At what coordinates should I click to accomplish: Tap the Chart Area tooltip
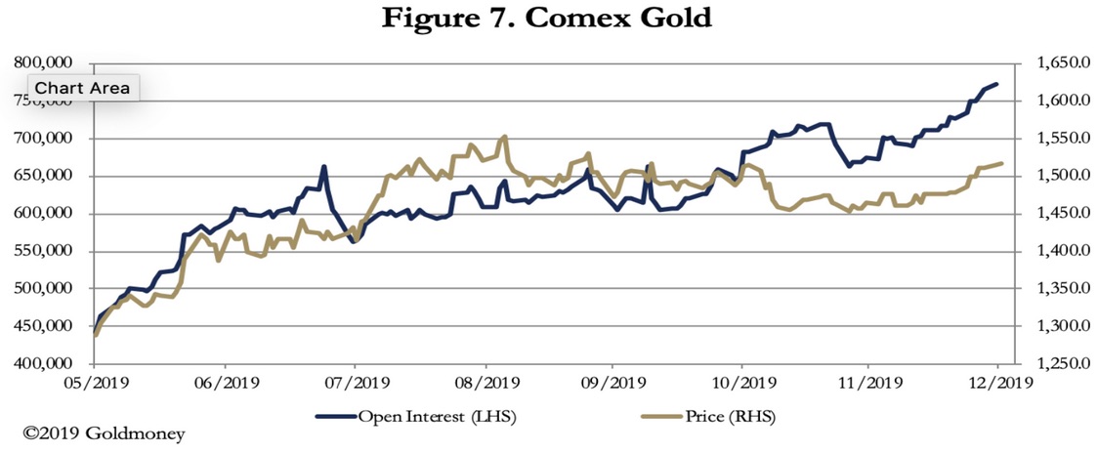(x=82, y=87)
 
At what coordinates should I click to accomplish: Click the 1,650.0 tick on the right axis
(x=1054, y=63)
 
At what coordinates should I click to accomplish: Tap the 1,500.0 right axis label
(x=1054, y=176)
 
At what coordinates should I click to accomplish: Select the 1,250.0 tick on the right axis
(x=1054, y=364)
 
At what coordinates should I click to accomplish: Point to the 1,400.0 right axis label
(x=1054, y=251)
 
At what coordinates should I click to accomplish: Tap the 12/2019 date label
(x=997, y=383)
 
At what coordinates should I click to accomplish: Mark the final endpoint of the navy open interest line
(x=996, y=84)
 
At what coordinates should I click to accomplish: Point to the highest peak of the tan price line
(x=504, y=137)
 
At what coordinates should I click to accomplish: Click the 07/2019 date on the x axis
(x=354, y=383)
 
